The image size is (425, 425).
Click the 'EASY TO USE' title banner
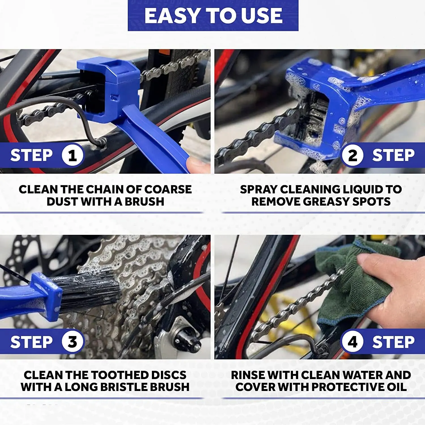(x=213, y=15)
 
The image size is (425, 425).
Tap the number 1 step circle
(x=73, y=155)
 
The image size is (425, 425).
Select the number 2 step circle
(x=352, y=155)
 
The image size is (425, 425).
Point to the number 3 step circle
(x=73, y=341)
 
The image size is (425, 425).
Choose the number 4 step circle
(x=352, y=341)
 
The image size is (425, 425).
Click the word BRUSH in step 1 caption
(x=144, y=201)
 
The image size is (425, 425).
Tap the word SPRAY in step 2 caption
(x=258, y=189)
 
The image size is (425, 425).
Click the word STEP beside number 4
(x=393, y=342)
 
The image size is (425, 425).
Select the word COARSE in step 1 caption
(x=168, y=189)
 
